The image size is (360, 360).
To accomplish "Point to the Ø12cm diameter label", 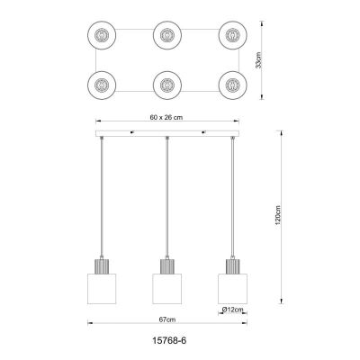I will click(232, 310).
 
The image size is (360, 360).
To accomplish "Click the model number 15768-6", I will click(166, 341).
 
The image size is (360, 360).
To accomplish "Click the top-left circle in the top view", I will click(102, 36).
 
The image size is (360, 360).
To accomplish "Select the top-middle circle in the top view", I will click(166, 36).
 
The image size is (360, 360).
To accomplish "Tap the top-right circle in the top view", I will click(231, 36).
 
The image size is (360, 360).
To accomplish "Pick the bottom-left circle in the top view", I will click(102, 87).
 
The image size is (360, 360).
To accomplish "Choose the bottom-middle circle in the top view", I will click(166, 87).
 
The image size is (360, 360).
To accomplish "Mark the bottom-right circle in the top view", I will click(231, 87).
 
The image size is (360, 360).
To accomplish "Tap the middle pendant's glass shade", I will click(166, 287).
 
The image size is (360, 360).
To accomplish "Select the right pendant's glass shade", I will click(231, 287).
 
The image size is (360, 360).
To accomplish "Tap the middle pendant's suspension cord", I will click(166, 198).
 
